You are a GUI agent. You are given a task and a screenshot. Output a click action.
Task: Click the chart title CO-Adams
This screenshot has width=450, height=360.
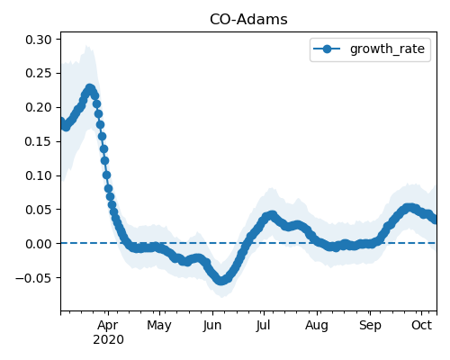click(248, 20)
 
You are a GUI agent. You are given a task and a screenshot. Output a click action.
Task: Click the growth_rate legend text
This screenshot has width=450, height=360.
click(387, 49)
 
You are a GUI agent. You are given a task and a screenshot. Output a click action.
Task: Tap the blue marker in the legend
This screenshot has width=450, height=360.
click(327, 49)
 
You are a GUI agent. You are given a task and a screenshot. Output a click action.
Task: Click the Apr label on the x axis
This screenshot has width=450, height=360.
click(108, 326)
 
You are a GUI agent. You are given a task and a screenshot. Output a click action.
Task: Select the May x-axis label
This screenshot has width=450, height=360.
click(159, 326)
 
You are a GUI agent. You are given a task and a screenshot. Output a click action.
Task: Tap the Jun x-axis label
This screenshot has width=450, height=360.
click(212, 326)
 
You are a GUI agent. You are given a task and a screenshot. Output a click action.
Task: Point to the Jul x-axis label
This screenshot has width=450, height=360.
click(263, 326)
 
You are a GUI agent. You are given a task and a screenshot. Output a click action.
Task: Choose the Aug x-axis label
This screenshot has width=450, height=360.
click(317, 326)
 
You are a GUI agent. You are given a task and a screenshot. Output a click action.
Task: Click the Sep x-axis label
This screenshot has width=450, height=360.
click(370, 326)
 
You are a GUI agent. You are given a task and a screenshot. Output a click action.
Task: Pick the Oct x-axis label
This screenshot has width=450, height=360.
click(421, 325)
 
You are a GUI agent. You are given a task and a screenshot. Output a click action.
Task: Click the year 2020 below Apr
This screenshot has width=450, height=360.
click(108, 340)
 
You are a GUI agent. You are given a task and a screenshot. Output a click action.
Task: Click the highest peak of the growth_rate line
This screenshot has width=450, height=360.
click(89, 88)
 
